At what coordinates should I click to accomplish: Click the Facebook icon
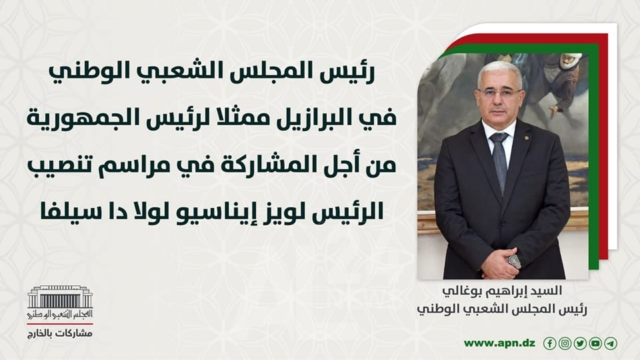[550, 344]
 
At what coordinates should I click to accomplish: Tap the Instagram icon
[565, 344]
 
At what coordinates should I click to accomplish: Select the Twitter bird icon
[580, 344]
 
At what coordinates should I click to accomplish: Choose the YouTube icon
[595, 344]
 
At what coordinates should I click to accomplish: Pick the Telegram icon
[611, 344]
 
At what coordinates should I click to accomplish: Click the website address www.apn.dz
[499, 344]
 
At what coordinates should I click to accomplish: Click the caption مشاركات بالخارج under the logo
[60, 333]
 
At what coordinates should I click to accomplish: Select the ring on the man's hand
[514, 261]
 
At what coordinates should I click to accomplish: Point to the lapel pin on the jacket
[526, 137]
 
